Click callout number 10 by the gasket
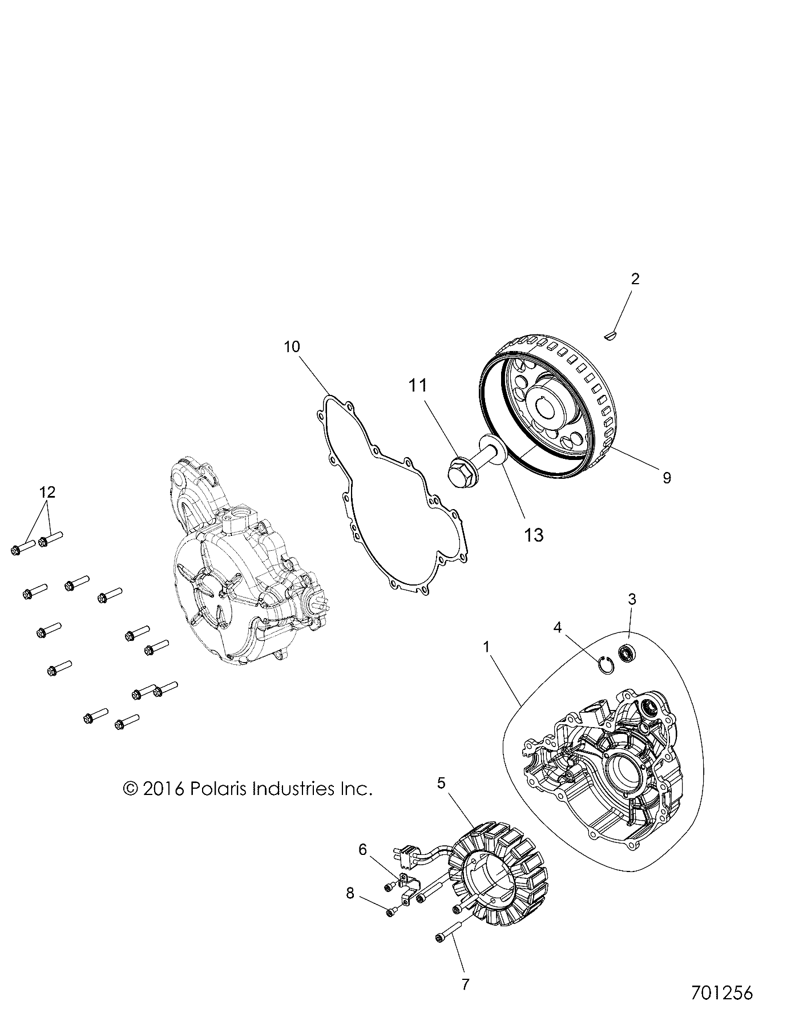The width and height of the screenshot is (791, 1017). [292, 346]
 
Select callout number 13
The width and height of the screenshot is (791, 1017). [534, 535]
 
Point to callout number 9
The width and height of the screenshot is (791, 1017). [666, 477]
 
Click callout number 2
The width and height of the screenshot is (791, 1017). [635, 279]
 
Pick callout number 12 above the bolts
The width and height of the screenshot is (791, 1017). [48, 491]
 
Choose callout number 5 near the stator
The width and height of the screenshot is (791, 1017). [441, 782]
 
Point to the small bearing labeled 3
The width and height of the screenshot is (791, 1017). [628, 651]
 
